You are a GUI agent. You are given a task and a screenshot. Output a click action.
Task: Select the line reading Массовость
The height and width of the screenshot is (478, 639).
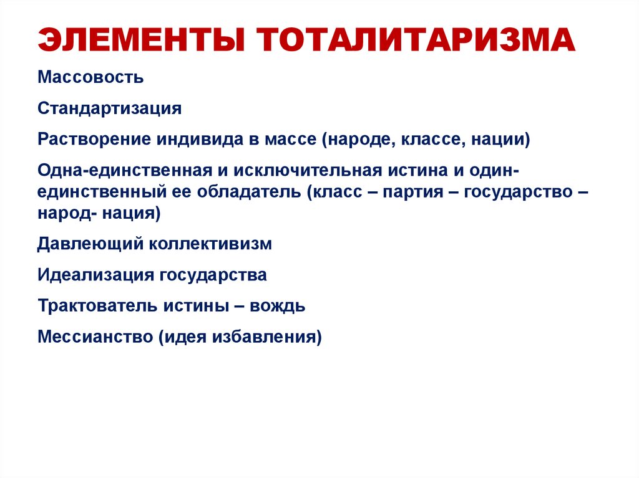90,78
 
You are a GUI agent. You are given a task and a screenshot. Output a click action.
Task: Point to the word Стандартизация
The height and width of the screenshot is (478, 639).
109,108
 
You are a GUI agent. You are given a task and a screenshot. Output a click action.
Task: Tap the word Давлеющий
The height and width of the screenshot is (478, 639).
90,244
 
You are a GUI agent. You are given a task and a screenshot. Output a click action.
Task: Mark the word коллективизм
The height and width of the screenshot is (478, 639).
210,244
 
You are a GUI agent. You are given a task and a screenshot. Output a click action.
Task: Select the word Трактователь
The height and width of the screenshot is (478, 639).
100,306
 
